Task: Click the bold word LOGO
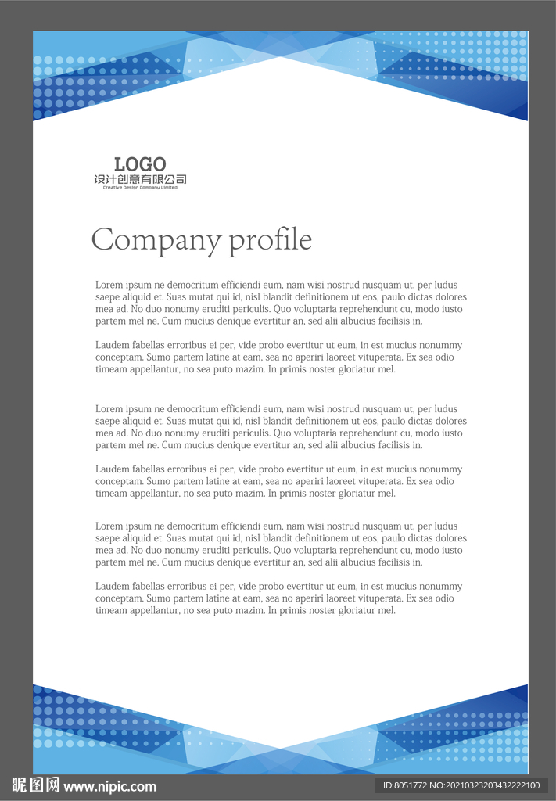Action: pos(140,164)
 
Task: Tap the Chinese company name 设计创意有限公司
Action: pos(140,180)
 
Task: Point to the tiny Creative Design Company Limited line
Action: pos(140,188)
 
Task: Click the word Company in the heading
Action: pos(156,240)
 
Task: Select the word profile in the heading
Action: pos(270,240)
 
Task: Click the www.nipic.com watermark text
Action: pos(109,787)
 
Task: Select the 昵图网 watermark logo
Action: pos(35,785)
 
